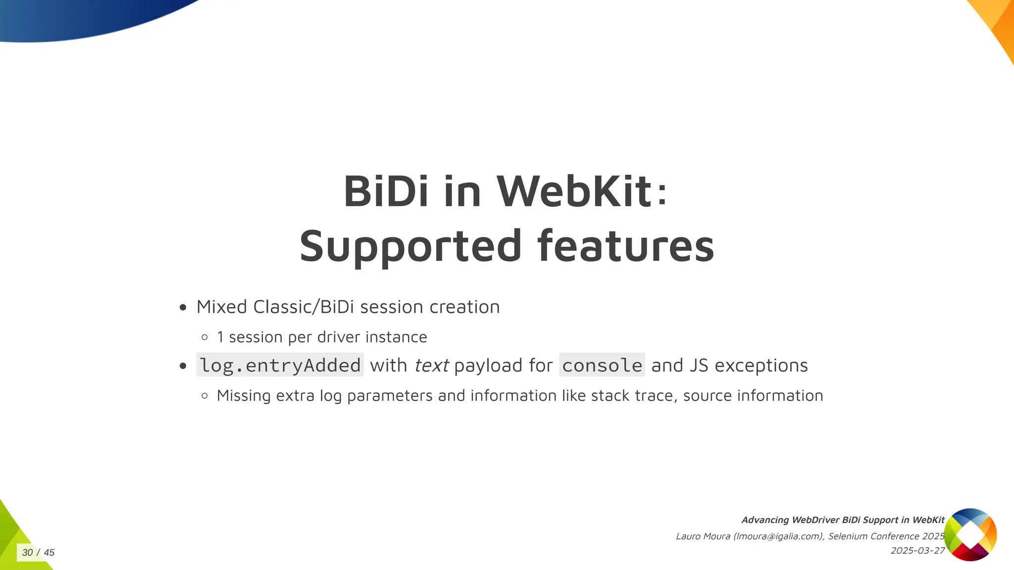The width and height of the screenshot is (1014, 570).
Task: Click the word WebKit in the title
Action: [x=574, y=191]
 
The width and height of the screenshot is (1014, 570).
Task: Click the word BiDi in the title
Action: [x=386, y=191]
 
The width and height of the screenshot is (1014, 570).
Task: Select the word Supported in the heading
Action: [x=410, y=246]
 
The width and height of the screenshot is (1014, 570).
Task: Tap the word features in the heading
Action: [x=625, y=246]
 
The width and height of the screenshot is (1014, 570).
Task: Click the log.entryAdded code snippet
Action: [x=280, y=365]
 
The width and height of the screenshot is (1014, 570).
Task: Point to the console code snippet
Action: [x=602, y=365]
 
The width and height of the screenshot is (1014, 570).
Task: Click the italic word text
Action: [x=431, y=366]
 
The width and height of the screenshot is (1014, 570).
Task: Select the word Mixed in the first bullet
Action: [x=221, y=307]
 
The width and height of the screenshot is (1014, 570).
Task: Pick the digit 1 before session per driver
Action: [x=220, y=337]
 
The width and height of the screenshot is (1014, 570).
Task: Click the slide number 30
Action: [x=27, y=552]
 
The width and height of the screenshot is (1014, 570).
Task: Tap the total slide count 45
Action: [x=49, y=552]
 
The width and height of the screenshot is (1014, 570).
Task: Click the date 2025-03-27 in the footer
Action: [x=917, y=551]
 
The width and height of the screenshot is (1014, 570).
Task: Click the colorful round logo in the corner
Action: [x=970, y=534]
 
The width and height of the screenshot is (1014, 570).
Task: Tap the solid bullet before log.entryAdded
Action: [x=183, y=366]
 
